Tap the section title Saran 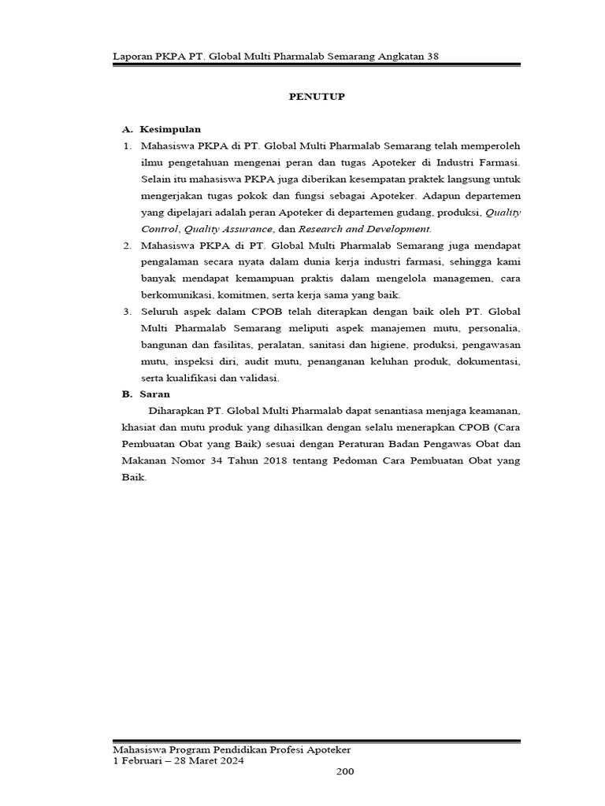click(x=156, y=394)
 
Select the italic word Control click(x=159, y=229)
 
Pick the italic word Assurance click(x=244, y=229)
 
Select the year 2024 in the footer click(x=232, y=761)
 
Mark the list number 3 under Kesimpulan click(x=127, y=312)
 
